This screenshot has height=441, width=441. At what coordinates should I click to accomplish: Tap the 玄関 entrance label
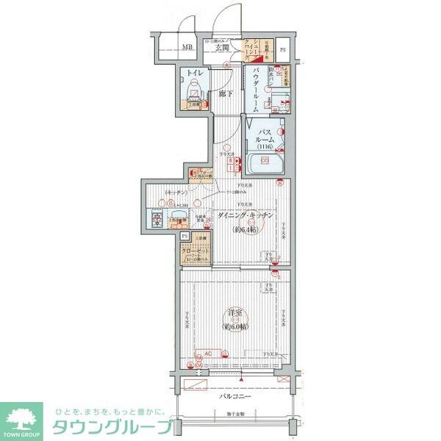[x=221, y=48]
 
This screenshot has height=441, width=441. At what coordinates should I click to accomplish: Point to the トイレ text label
[x=194, y=73]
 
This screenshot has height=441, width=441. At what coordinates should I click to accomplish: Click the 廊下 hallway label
[x=226, y=94]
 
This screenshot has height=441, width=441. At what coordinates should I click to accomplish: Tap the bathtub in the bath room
[x=261, y=162]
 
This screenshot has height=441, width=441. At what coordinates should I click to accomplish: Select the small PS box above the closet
[x=184, y=236]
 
